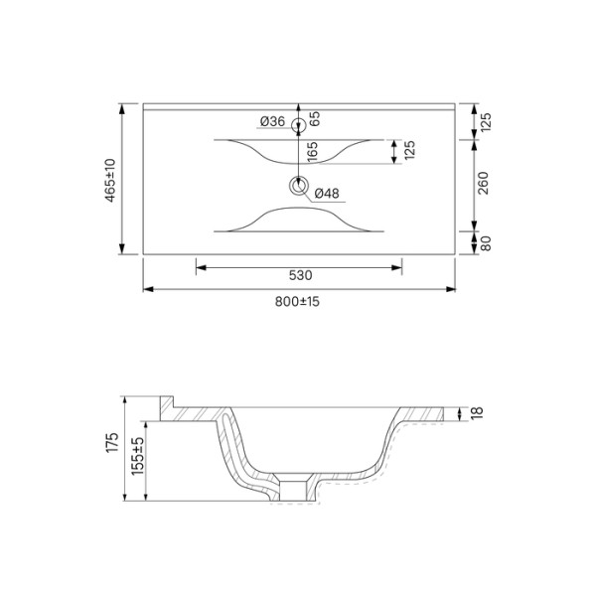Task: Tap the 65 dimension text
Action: pyautogui.click(x=314, y=118)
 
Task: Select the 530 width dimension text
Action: pyautogui.click(x=300, y=275)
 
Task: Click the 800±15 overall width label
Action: pyautogui.click(x=298, y=301)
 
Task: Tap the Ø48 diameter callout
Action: pyautogui.click(x=328, y=195)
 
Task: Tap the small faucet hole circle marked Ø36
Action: pyautogui.click(x=298, y=123)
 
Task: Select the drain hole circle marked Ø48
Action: pyautogui.click(x=298, y=185)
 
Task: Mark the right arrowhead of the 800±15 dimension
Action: pyautogui.click(x=453, y=289)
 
